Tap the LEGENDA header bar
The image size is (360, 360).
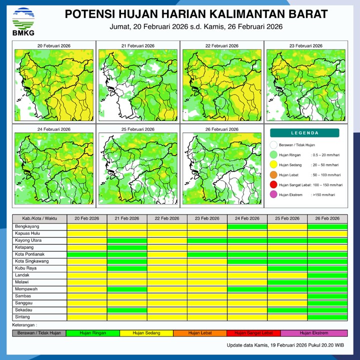(x=304, y=133)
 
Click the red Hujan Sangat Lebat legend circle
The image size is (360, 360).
(x=273, y=185)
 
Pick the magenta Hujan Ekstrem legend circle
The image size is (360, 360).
(x=273, y=194)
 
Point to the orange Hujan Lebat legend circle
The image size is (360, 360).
(x=273, y=175)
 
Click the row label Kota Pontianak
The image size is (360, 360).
(x=30, y=254)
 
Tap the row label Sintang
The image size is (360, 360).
(x=22, y=317)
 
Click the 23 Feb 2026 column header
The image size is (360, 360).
(x=207, y=219)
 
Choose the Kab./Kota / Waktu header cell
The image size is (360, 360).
(x=39, y=219)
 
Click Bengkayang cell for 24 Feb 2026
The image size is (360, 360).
(x=247, y=226)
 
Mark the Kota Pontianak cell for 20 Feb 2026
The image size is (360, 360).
(x=87, y=254)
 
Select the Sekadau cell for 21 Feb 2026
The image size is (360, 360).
(x=127, y=310)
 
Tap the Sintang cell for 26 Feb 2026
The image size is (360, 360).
(x=327, y=317)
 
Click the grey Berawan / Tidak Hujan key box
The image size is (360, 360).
(x=39, y=333)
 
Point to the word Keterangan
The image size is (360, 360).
(x=25, y=325)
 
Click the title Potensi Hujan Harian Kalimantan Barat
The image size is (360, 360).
(x=196, y=13)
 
